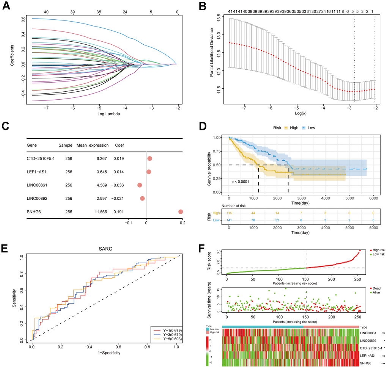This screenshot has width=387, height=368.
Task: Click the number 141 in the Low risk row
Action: point(229,221)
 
